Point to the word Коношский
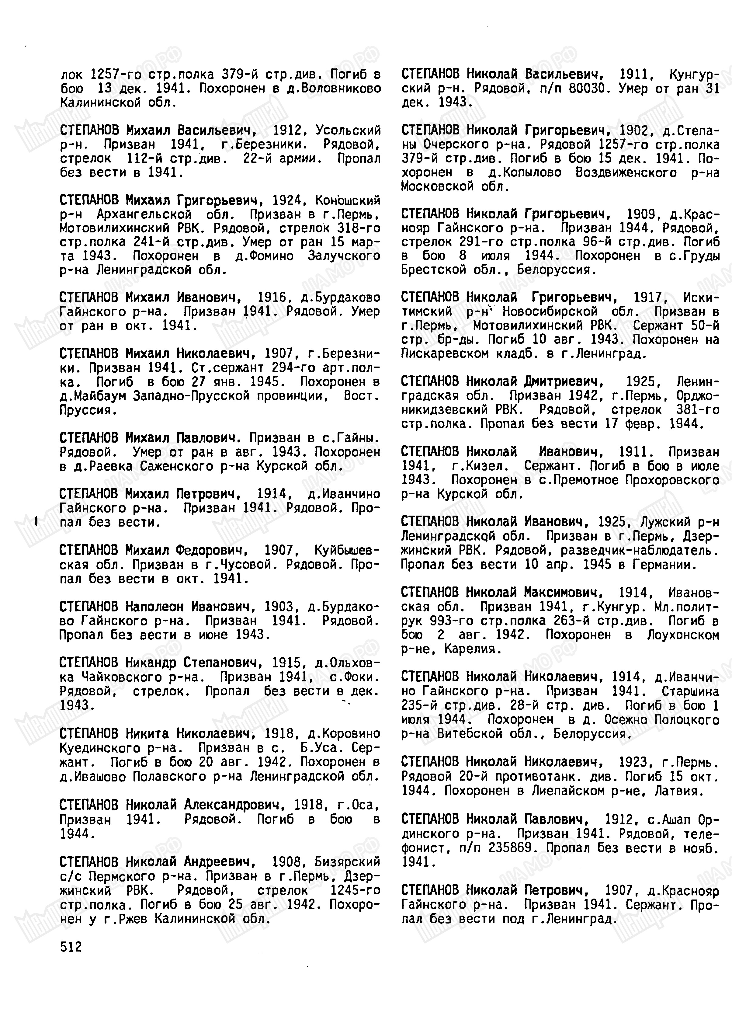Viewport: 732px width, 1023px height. click(x=348, y=200)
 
